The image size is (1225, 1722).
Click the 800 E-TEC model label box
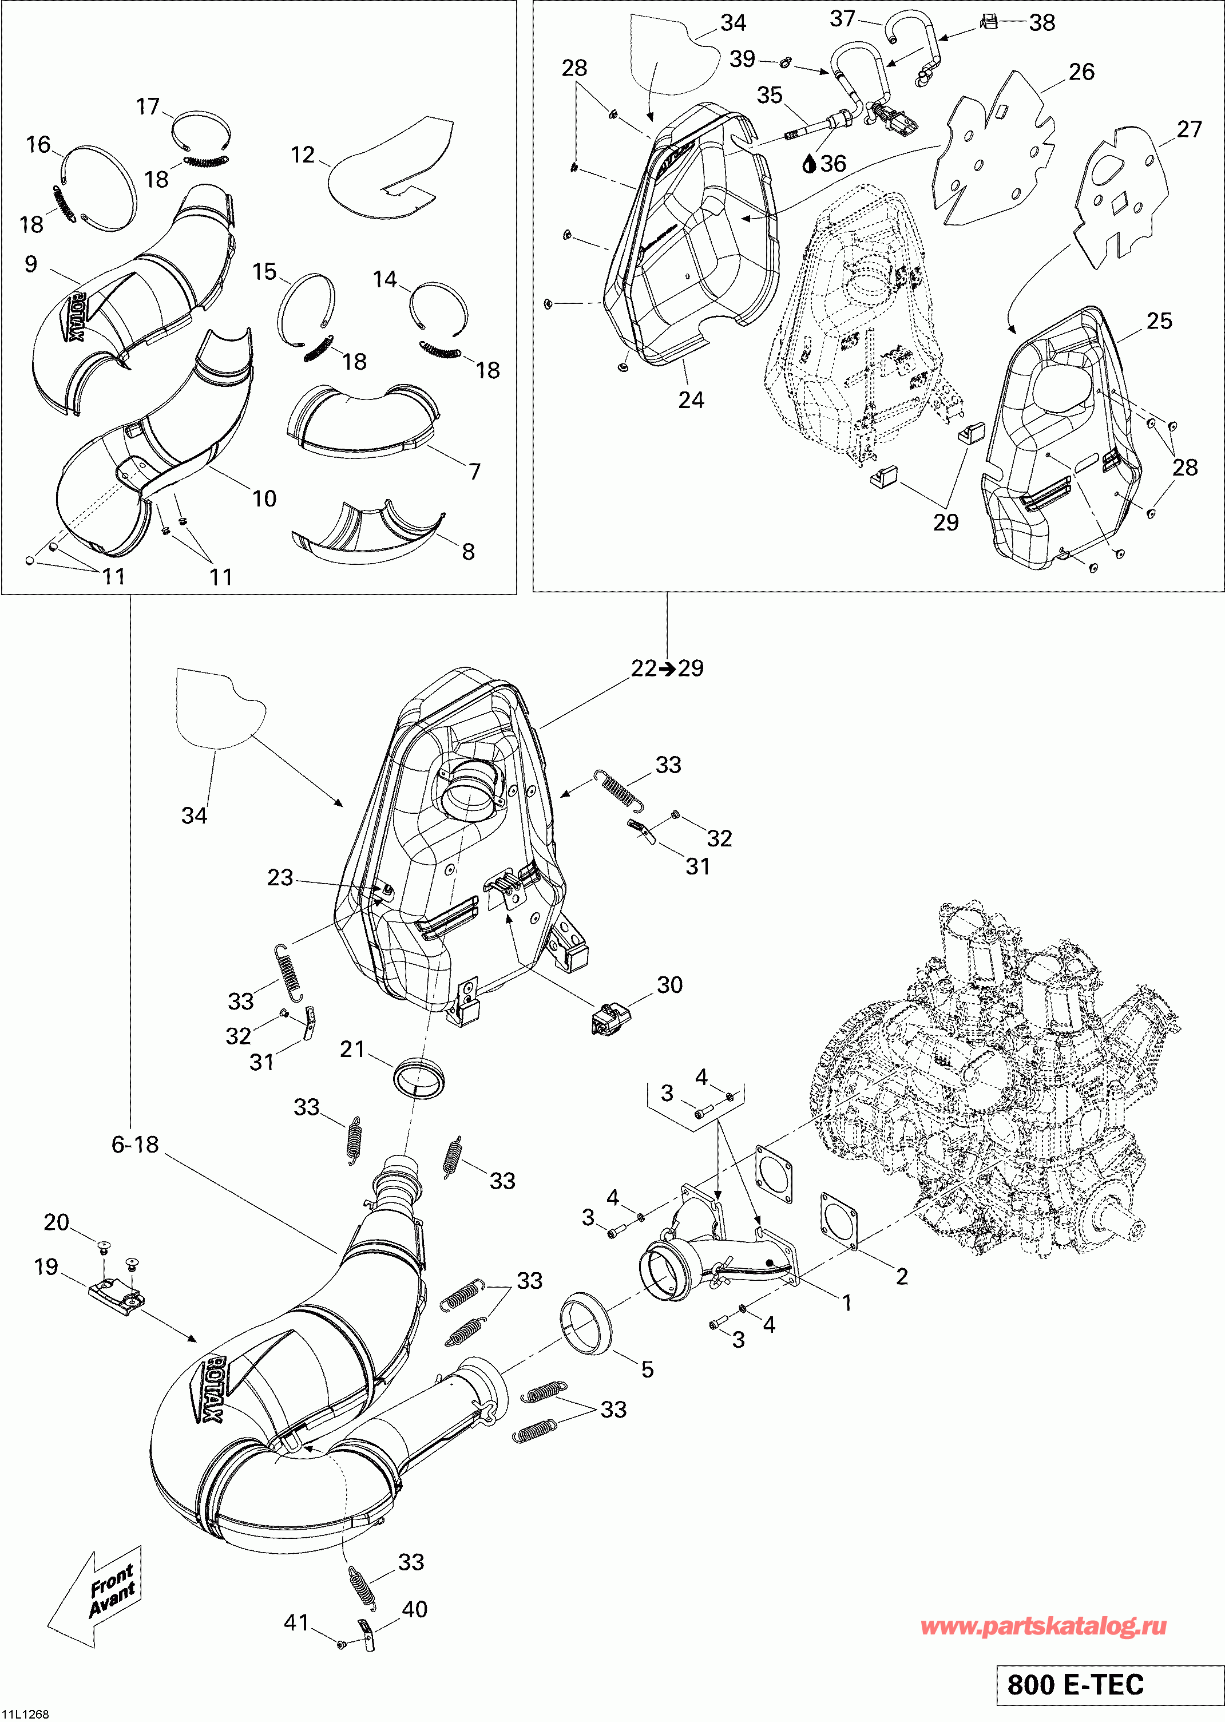click(x=1107, y=1685)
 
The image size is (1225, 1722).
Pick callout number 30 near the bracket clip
click(x=670, y=985)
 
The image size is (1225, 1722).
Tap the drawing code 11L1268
click(x=26, y=1714)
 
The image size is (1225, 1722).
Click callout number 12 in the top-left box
click(x=303, y=155)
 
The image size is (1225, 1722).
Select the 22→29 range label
click(x=668, y=668)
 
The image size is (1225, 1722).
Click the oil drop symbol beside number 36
click(x=810, y=163)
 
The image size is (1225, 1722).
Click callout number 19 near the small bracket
click(x=46, y=1266)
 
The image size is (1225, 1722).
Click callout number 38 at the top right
click(x=1042, y=23)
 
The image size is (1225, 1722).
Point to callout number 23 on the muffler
click(x=280, y=878)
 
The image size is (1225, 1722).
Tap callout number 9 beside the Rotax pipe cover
click(x=31, y=264)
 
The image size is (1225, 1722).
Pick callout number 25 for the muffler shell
click(x=1159, y=321)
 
